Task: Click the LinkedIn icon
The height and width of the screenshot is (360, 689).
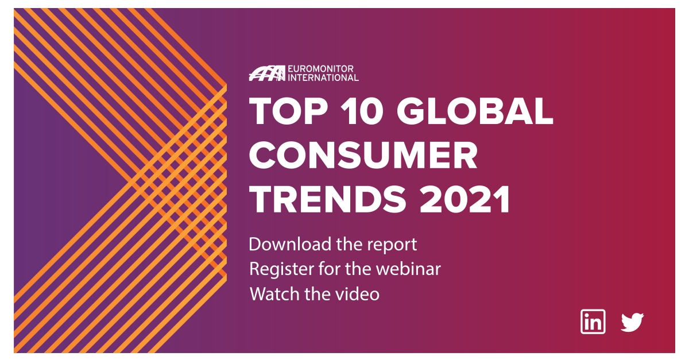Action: pos(593,322)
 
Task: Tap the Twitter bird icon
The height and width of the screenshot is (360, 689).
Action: pos(632,322)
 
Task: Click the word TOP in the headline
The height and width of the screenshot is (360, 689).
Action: pos(287,112)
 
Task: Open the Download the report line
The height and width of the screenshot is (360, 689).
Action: pos(332,245)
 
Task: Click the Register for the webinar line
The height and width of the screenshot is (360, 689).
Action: pos(344,269)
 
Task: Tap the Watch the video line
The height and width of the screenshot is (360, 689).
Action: pos(314,294)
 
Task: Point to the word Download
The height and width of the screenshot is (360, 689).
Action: pos(283,245)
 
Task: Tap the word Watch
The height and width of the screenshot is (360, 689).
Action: pos(271,294)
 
